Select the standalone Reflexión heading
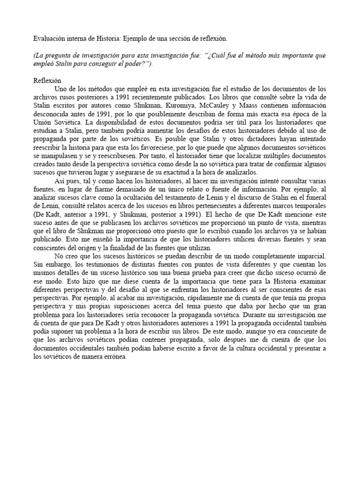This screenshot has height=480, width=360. tap(47, 80)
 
